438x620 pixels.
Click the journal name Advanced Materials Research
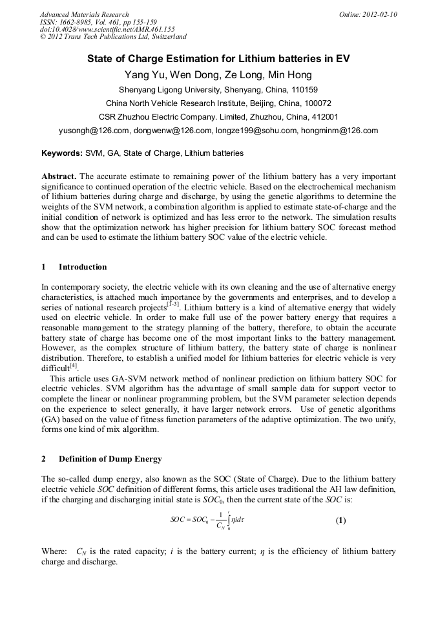pyautogui.click(x=84, y=14)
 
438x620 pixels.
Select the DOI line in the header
pyautogui.click(x=107, y=29)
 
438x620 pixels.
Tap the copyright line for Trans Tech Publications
pyautogui.click(x=113, y=37)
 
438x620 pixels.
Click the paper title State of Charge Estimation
pyautogui.click(x=218, y=59)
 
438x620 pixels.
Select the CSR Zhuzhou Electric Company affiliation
pyautogui.click(x=218, y=117)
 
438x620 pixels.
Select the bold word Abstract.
pyautogui.click(x=59, y=176)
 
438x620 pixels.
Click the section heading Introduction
pyautogui.click(x=83, y=267)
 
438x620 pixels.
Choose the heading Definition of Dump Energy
pyautogui.click(x=110, y=459)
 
